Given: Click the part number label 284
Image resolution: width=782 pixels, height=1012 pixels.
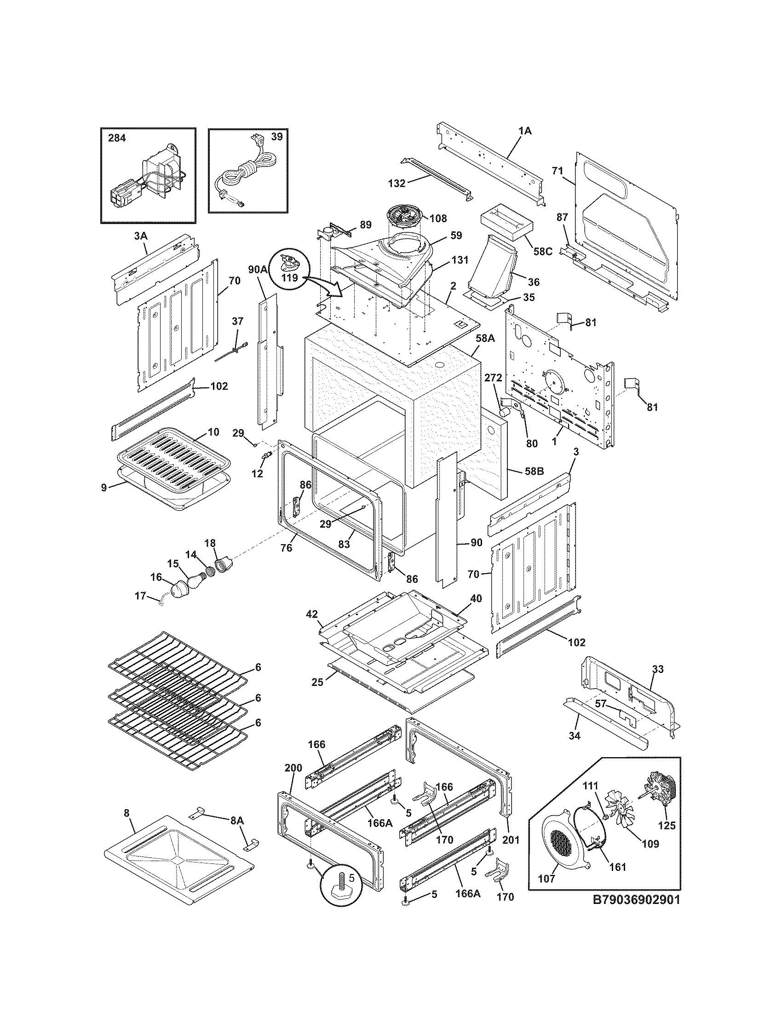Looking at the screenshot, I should [x=117, y=138].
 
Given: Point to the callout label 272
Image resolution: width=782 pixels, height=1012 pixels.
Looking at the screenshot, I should [x=493, y=378].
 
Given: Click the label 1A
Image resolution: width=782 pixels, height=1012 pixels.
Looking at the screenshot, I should [x=525, y=131].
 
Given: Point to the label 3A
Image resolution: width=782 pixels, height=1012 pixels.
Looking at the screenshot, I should [x=140, y=236].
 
